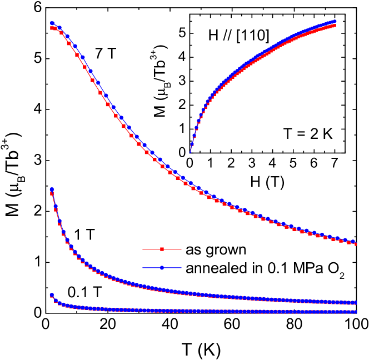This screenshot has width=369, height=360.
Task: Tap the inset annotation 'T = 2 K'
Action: point(304,133)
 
